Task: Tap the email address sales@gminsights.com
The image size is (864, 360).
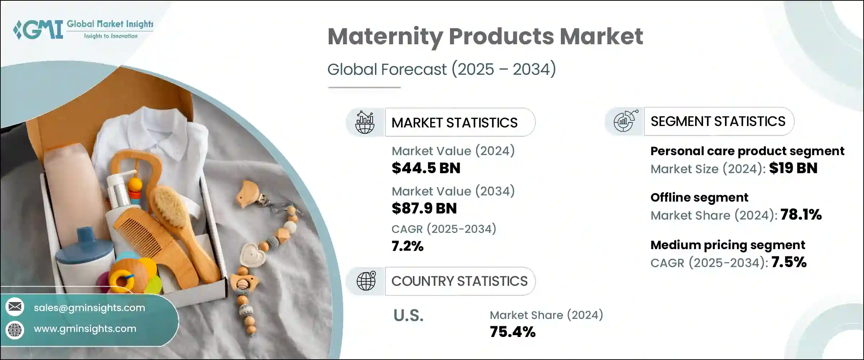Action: click(x=89, y=308)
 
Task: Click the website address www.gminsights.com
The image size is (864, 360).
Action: click(x=85, y=329)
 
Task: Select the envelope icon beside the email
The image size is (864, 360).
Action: click(x=15, y=307)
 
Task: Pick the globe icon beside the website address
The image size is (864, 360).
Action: click(x=15, y=330)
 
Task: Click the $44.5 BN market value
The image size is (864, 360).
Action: click(x=426, y=168)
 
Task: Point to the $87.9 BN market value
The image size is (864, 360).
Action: click(x=424, y=208)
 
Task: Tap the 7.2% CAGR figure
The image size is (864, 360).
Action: click(x=408, y=246)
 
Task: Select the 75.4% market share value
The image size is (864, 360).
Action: click(x=513, y=332)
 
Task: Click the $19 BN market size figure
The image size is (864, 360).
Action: click(x=793, y=168)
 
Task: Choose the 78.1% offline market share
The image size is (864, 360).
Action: click(x=801, y=215)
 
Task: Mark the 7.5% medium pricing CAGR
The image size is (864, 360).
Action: click(x=789, y=262)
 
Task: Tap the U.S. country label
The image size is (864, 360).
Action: click(x=408, y=316)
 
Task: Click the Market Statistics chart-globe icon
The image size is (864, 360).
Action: click(x=365, y=122)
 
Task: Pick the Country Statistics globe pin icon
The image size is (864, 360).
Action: click(x=366, y=281)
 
